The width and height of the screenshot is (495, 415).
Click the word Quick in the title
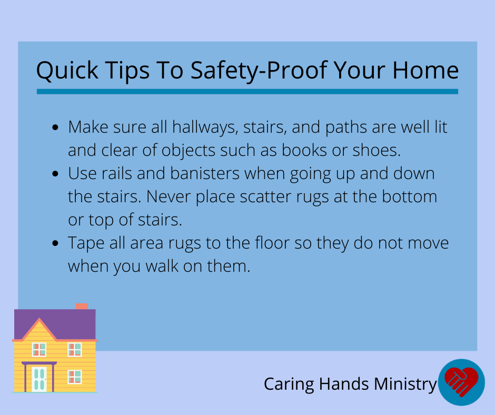(67, 71)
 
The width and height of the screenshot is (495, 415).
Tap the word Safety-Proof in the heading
(259, 71)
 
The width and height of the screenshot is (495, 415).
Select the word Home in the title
(425, 70)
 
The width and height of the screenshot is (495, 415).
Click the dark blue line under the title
(247, 92)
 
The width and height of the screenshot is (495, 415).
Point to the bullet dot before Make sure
(55, 127)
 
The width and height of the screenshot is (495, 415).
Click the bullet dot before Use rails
(55, 174)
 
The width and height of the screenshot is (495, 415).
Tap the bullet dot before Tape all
(55, 243)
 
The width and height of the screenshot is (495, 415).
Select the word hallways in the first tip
(205, 127)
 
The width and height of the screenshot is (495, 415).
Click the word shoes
(377, 150)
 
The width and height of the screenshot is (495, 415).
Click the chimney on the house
(82, 307)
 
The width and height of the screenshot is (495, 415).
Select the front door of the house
(39, 379)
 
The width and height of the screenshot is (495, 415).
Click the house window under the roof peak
(39, 350)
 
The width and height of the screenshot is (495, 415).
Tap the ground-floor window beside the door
(75, 377)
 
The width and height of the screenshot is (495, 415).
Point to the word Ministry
(405, 384)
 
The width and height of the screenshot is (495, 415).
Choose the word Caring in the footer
(289, 384)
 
